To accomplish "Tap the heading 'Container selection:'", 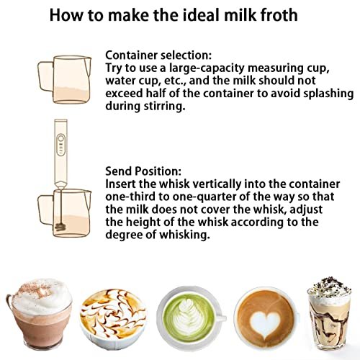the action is click(158, 55).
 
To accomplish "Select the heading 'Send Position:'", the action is click(143, 171).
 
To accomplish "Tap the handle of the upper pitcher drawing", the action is click(45, 76).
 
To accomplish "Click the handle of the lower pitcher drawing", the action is click(45, 210).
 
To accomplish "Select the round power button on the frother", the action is click(61, 138).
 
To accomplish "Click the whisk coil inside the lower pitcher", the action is click(60, 227).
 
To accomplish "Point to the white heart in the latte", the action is click(265, 323).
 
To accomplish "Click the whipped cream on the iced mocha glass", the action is click(329, 289).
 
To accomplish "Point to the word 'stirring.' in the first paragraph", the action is click(165, 107).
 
